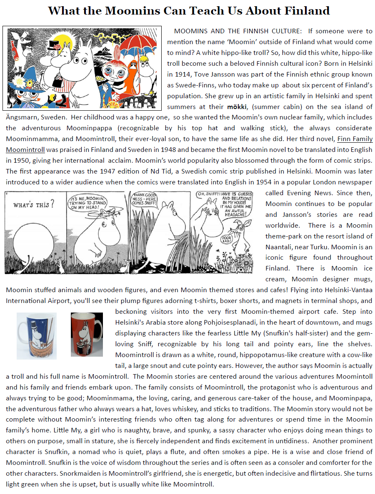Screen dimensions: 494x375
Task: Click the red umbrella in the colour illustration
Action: pyautogui.click(x=141, y=44)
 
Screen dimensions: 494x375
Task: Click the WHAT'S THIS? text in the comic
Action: pyautogui.click(x=34, y=205)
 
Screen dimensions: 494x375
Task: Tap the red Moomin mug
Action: pyautogui.click(x=87, y=335)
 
